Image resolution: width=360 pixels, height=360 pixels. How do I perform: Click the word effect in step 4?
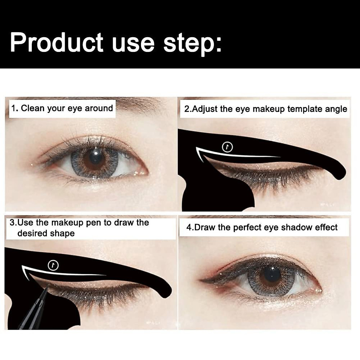pyautogui.click(x=326, y=227)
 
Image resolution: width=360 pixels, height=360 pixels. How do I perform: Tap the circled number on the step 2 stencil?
pyautogui.click(x=227, y=147)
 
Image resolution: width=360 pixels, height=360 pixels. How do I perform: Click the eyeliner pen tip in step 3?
pyautogui.click(x=47, y=287)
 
